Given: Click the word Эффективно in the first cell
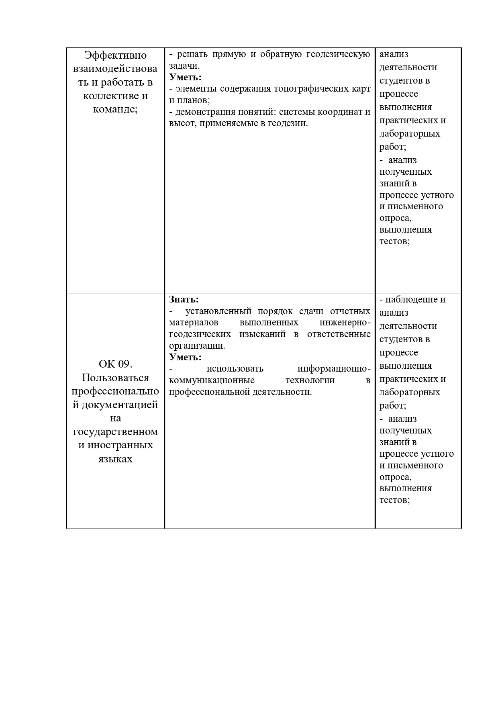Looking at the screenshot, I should (x=115, y=55).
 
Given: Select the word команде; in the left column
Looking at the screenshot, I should (x=115, y=109).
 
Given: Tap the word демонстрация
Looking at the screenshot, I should (x=204, y=112).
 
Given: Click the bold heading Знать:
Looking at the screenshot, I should (x=184, y=299).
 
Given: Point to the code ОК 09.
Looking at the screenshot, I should (x=115, y=364).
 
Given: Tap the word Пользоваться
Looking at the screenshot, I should (x=115, y=378).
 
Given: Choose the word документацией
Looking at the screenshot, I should (x=119, y=405).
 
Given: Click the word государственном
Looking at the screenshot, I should (x=115, y=432).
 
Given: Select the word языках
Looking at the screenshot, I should (x=115, y=459).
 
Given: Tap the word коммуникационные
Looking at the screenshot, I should (x=212, y=380).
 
